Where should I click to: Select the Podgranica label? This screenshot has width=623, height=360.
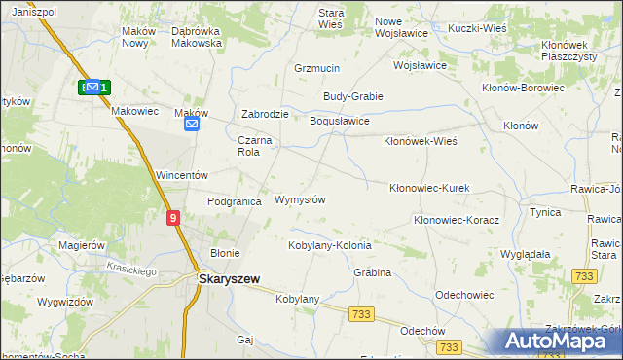(235, 201)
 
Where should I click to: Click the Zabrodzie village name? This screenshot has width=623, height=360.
(265, 114)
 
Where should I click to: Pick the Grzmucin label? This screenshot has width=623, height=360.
(316, 69)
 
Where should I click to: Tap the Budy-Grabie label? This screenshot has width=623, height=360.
(353, 96)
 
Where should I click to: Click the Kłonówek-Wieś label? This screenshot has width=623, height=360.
(421, 141)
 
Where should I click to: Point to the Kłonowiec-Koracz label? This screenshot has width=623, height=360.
(456, 220)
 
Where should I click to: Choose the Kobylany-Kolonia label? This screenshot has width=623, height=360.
(329, 245)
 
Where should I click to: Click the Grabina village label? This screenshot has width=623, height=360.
(372, 272)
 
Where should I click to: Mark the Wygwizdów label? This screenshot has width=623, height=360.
(65, 302)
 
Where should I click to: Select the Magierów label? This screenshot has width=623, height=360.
(82, 245)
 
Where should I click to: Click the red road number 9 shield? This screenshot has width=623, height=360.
(172, 220)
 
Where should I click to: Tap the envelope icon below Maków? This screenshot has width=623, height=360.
(192, 124)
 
